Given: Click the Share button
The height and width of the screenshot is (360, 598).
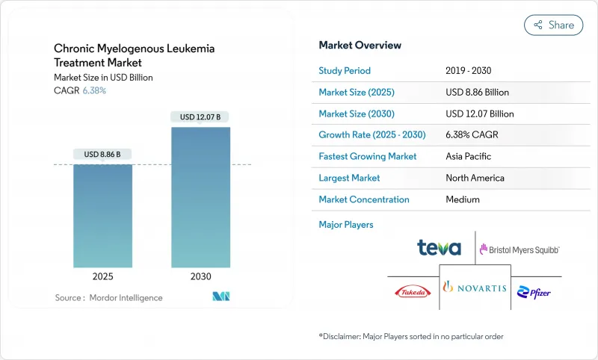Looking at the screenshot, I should click(553, 25).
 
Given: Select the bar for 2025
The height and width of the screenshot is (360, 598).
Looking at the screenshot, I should click(103, 216).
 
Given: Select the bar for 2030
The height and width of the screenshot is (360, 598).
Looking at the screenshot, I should click(200, 197).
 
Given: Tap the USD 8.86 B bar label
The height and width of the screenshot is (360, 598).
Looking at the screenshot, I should click(103, 155).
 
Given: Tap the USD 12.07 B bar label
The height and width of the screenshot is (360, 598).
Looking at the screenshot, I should click(200, 117).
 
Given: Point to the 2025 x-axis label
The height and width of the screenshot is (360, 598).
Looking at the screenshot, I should click(103, 276).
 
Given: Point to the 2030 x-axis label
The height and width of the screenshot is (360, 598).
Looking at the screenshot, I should click(200, 276).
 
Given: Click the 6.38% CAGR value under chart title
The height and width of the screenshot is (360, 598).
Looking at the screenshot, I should click(93, 90).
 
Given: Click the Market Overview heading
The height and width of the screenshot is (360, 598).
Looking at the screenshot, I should click(360, 45).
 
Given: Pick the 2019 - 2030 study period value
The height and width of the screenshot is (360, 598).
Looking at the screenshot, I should click(469, 71).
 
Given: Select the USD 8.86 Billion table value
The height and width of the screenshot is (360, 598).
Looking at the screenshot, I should click(477, 93).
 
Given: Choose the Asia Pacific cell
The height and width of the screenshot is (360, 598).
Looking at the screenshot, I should click(469, 157).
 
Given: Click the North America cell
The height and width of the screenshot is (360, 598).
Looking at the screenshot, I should click(475, 178).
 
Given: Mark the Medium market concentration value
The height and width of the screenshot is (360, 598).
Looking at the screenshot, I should click(462, 199).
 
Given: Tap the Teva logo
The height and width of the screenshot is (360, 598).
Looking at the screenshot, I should click(439, 248).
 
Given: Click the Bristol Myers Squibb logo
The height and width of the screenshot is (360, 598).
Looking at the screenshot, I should click(520, 249).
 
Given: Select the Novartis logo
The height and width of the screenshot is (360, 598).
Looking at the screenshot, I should click(475, 288).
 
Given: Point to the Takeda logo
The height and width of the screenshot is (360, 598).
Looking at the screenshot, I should click(410, 290).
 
